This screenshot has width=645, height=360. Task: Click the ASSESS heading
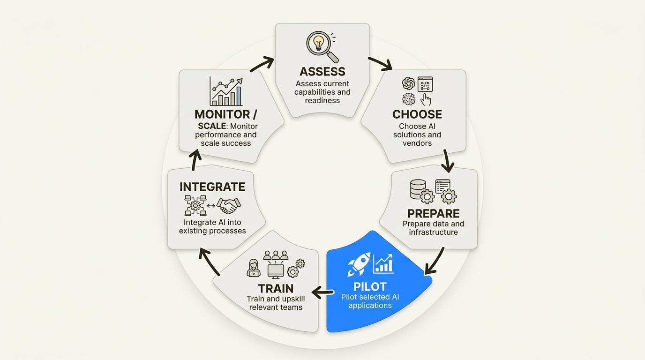point(322,72)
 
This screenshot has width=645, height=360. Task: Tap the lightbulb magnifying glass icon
point(321,45)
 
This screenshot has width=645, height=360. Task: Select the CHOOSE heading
point(417,114)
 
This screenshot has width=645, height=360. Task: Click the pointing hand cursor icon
point(426,99)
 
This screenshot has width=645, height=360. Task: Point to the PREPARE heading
point(433,214)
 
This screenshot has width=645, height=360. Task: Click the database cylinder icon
point(418,189)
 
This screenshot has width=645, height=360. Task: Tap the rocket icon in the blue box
point(359,264)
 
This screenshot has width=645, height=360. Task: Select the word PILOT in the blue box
point(370,286)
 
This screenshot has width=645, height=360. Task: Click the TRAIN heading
point(276,288)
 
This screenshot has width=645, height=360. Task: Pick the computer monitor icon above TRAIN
point(275,270)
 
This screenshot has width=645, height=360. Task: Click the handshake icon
point(230,205)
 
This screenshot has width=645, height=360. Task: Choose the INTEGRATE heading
point(212,187)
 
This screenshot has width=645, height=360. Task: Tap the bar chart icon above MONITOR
point(226,92)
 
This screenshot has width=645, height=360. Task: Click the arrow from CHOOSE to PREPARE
point(448,161)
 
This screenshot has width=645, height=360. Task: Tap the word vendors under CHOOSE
point(417,143)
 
